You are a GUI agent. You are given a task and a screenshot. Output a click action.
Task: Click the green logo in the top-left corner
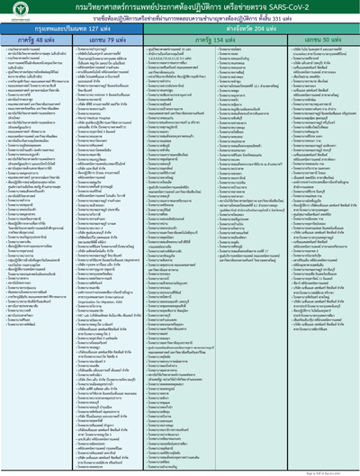12,12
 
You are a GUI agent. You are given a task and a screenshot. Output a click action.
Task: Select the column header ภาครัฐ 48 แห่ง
35,40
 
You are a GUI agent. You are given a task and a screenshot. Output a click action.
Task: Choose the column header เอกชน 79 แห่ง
103,40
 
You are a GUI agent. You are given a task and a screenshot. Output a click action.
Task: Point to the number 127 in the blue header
92,29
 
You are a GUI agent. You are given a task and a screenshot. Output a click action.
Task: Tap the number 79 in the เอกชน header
108,40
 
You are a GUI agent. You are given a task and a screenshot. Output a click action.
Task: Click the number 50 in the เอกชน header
322,40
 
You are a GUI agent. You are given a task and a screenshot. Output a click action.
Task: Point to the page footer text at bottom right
337,471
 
